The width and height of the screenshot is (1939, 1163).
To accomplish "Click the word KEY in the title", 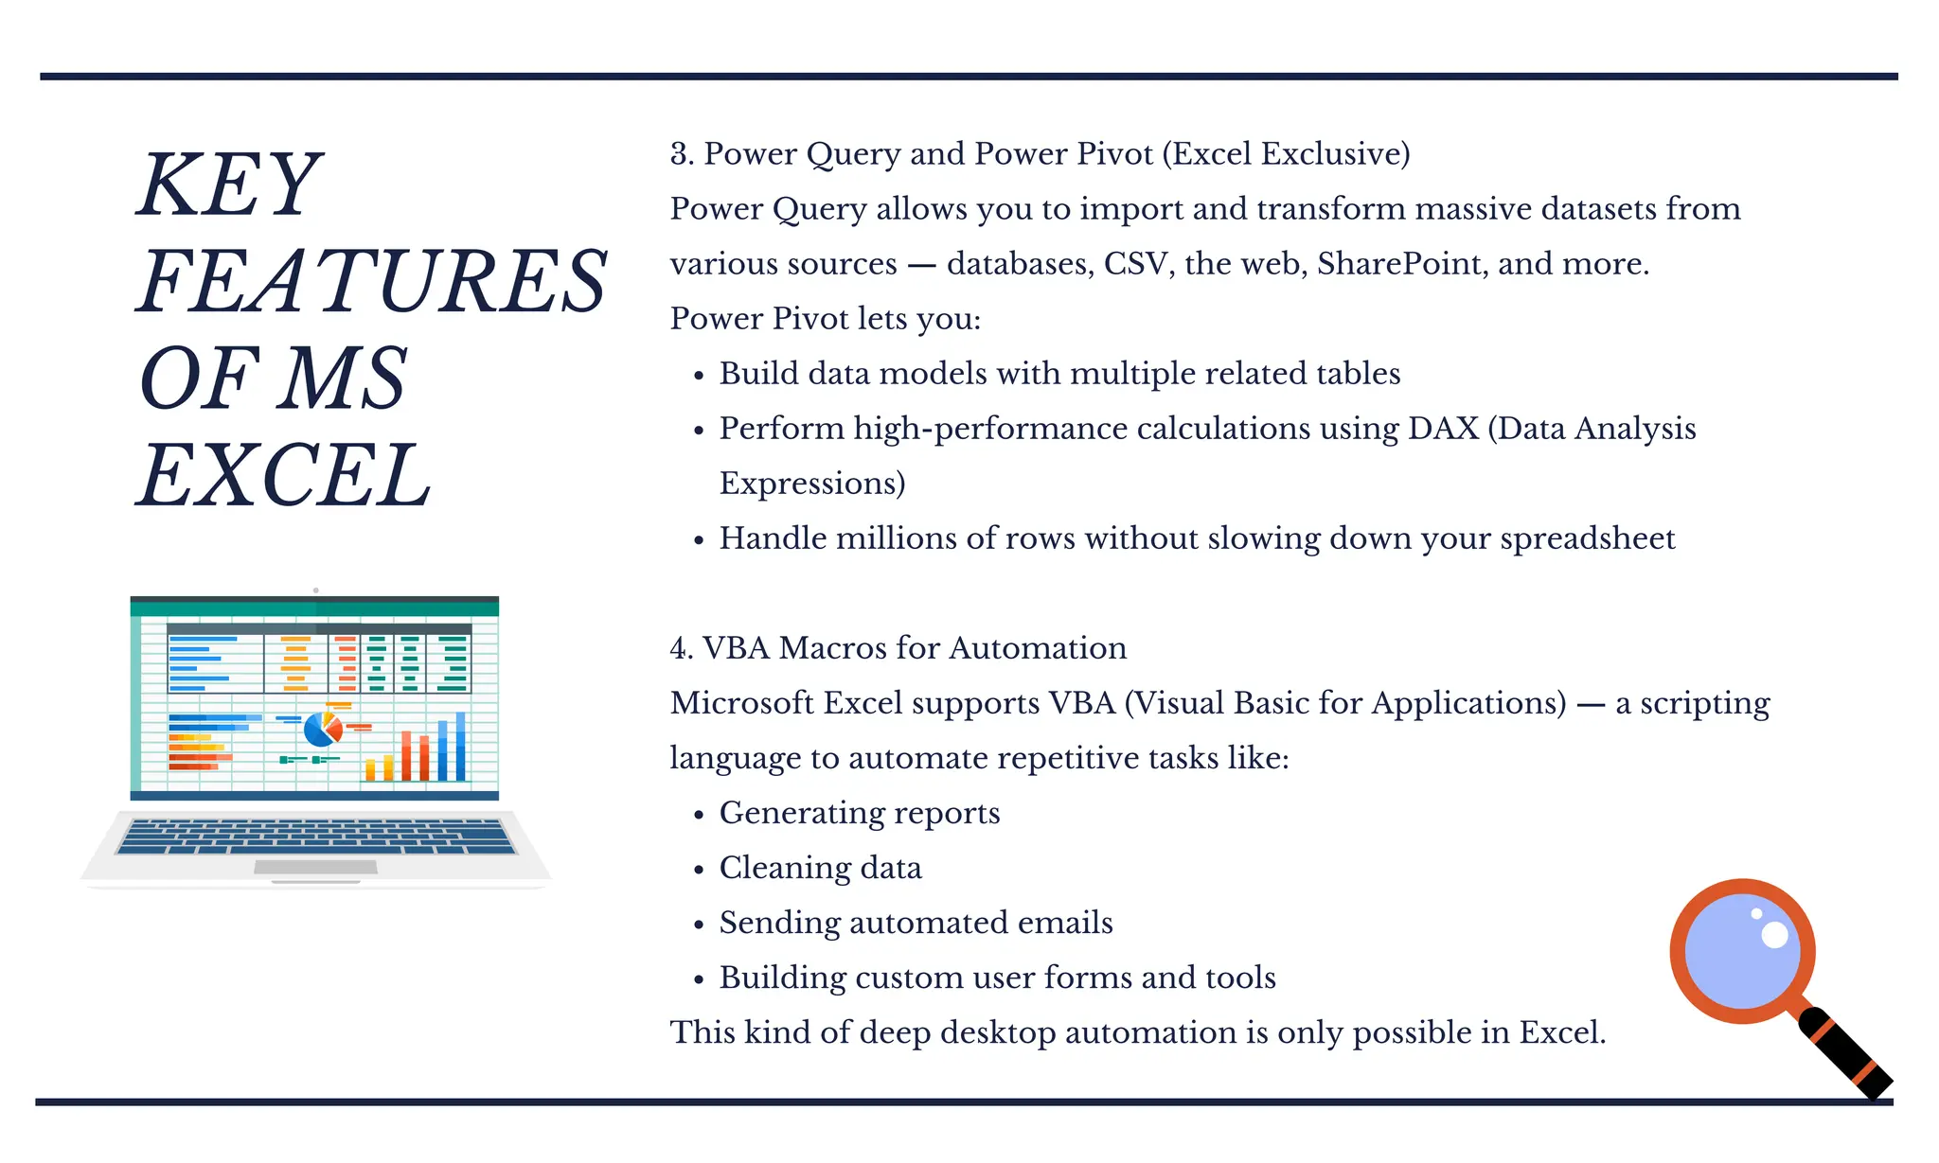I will pos(230,185).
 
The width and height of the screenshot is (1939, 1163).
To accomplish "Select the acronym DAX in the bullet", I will pos(1442,429).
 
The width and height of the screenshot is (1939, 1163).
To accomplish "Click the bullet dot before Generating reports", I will pos(699,816).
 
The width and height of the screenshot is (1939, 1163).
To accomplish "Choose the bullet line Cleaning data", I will pos(820,868).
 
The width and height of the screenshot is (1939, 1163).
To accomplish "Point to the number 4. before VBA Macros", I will pos(681,648).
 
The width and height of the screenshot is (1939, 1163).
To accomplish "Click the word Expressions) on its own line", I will pos(812,484).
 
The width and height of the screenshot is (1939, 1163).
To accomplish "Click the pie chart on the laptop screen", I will pos(322,729).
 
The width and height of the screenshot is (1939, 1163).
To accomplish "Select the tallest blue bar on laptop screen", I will pos(461,747).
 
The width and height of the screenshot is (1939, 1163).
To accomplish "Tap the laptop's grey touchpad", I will pos(316,867).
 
